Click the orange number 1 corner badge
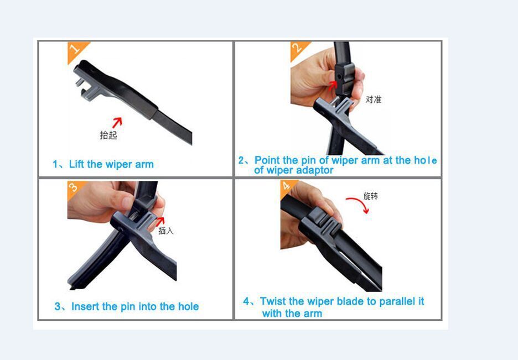click(75, 50)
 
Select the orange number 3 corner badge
click(74, 188)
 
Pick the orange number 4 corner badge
click(287, 187)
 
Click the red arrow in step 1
click(117, 122)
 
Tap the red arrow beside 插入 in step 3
click(160, 221)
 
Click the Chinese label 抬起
click(108, 135)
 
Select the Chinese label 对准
click(374, 100)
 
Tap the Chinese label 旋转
click(371, 196)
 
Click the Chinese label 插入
click(166, 231)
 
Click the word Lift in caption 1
click(76, 164)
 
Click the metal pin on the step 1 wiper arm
click(80, 82)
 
